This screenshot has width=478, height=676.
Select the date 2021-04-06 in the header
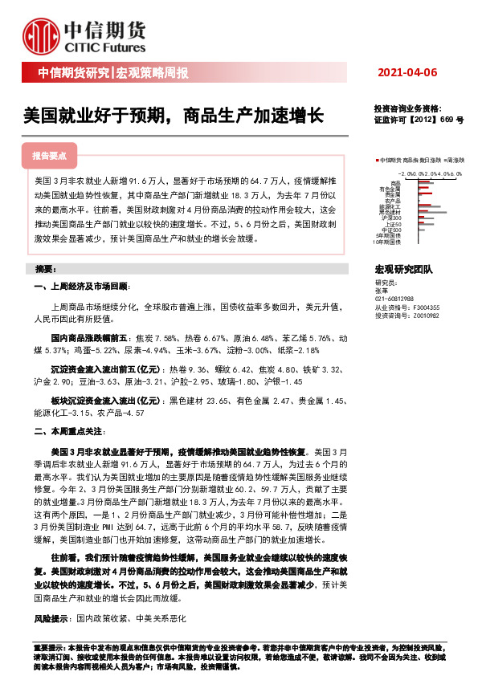tap(407, 73)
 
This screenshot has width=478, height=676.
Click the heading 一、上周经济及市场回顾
tap(81, 287)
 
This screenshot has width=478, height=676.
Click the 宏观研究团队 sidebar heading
tap(403, 271)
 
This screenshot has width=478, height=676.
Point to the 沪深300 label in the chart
tap(393, 218)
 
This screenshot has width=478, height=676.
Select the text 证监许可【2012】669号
tap(419, 118)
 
